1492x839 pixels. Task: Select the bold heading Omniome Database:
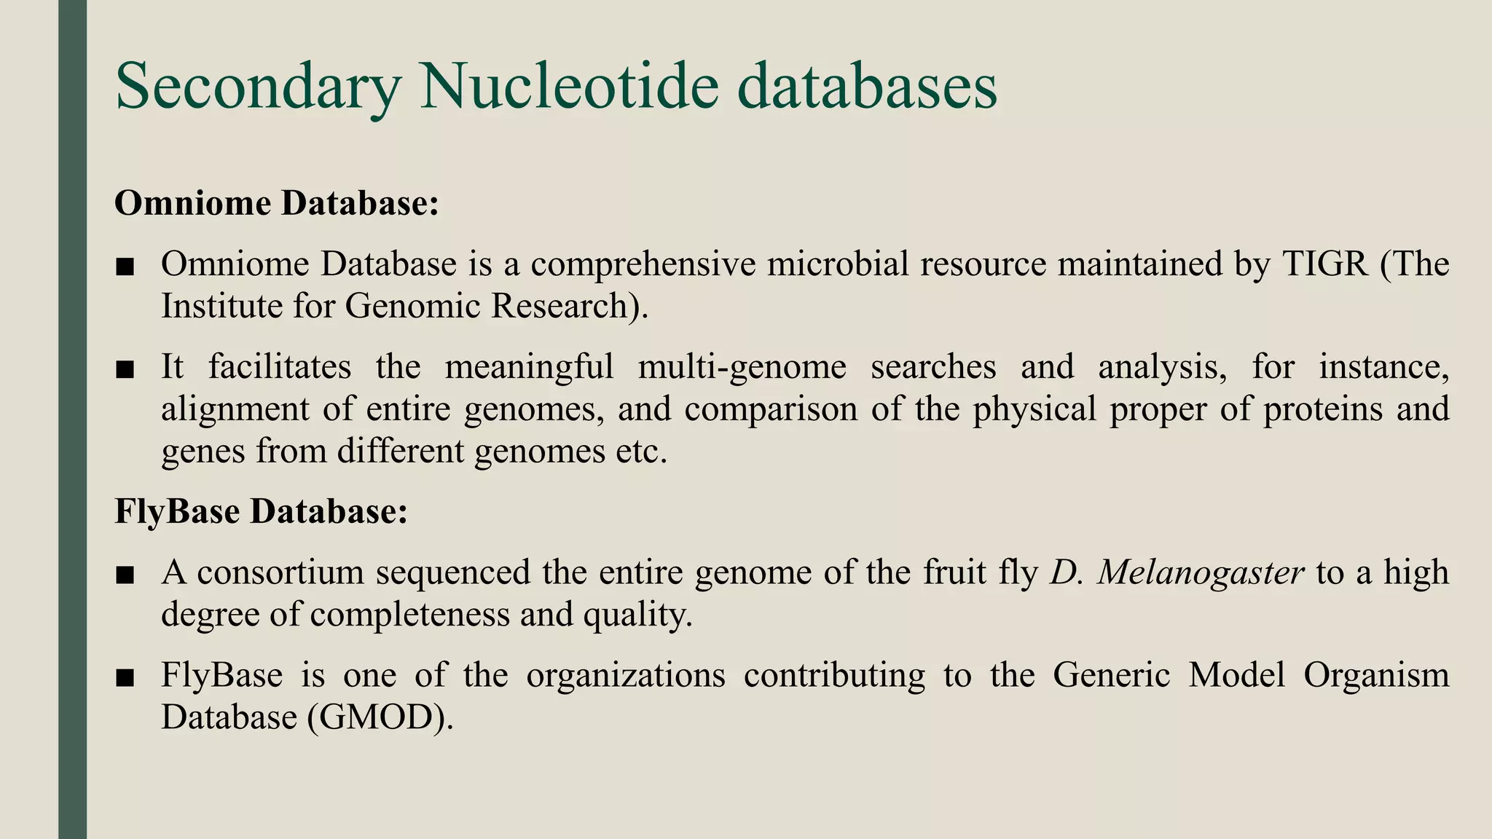pos(277,203)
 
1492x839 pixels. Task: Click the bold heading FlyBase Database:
pos(261,511)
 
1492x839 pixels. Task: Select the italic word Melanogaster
pos(1200,572)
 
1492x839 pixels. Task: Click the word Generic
pos(1111,675)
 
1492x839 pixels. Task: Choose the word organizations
pos(626,675)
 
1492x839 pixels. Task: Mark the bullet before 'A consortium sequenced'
pos(125,576)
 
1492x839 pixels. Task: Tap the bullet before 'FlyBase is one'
pos(125,679)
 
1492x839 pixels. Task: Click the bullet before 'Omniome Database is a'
pos(125,267)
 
